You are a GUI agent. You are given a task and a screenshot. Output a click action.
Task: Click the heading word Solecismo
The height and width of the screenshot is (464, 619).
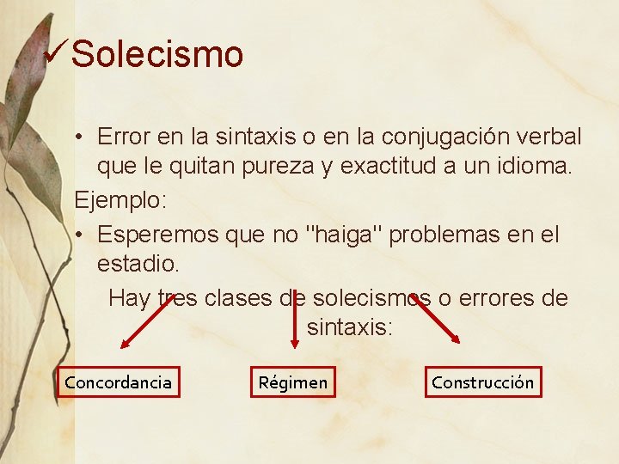click(x=157, y=54)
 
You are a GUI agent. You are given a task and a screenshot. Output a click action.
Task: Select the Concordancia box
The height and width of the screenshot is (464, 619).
click(x=119, y=382)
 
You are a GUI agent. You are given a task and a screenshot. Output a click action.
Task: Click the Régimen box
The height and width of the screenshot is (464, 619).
click(x=293, y=382)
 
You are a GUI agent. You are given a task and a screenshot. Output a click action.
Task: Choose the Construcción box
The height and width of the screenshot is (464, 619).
click(x=482, y=382)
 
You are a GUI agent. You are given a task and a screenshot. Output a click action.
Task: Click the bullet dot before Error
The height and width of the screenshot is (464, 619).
click(x=77, y=137)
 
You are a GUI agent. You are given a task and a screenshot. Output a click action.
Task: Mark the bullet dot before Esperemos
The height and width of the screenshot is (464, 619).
click(x=77, y=235)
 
